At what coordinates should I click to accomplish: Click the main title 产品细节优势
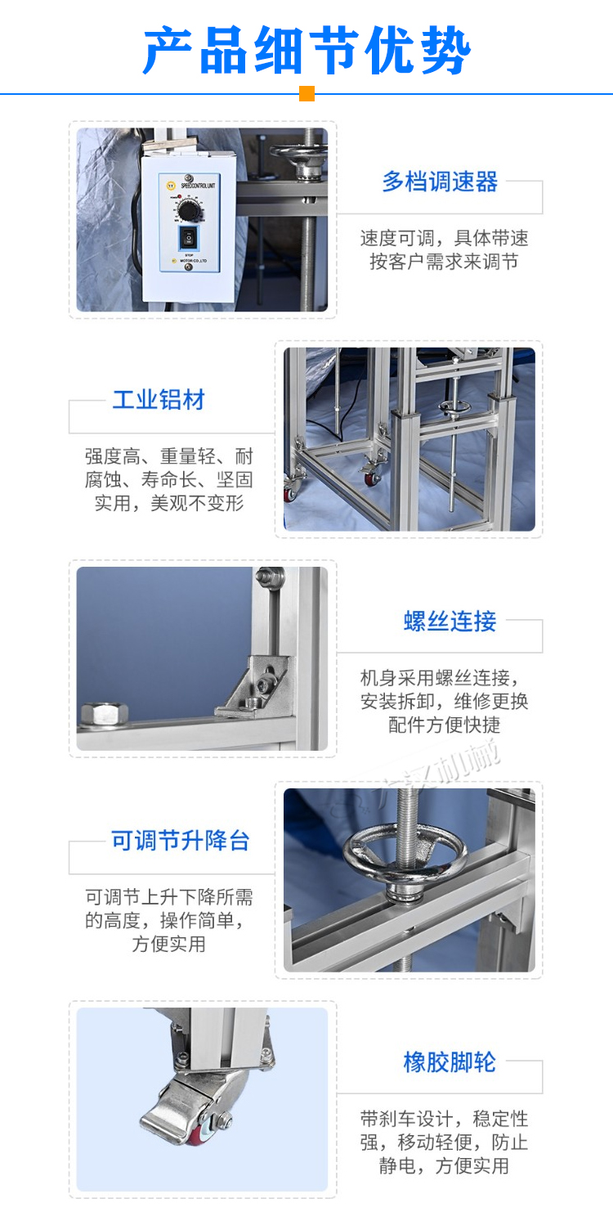[306, 51]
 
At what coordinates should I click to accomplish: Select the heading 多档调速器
[440, 182]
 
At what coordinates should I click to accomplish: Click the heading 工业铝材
[159, 401]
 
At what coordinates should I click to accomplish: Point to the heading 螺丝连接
[450, 622]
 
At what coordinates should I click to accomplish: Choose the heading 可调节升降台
[181, 841]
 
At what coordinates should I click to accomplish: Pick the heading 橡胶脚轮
[450, 1062]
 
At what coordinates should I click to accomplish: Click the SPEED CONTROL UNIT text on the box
[189, 187]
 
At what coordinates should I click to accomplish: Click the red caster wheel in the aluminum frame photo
[291, 493]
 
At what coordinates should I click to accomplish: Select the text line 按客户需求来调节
[444, 262]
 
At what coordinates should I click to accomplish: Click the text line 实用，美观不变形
[169, 503]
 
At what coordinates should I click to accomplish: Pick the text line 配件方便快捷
[444, 725]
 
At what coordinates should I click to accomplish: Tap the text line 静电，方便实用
[444, 1165]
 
